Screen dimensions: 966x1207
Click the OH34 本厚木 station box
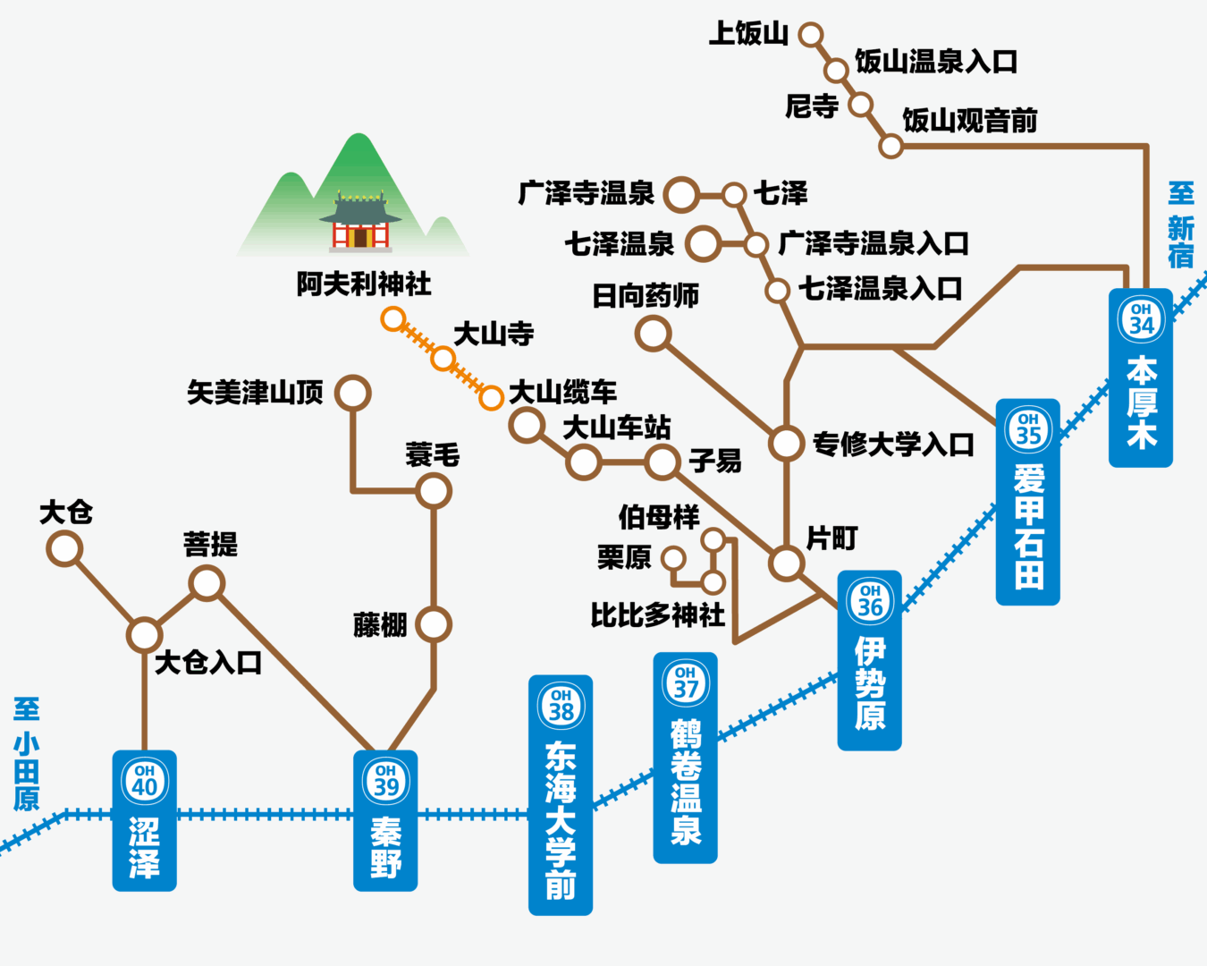tap(1141, 377)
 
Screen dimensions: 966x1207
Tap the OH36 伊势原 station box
tap(869, 660)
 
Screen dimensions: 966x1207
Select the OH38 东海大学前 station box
tap(561, 794)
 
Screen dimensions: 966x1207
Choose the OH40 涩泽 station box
tap(144, 820)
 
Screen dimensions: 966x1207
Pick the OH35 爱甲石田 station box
tap(1028, 502)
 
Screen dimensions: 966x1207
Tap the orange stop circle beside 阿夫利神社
tap(392, 318)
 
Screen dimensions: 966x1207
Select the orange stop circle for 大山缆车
tap(491, 397)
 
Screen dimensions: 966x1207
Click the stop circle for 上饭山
tap(811, 35)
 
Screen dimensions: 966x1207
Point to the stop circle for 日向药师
tap(654, 334)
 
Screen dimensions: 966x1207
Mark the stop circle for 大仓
tap(64, 548)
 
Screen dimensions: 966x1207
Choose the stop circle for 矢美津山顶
tap(353, 393)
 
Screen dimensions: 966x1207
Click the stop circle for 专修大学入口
tap(787, 442)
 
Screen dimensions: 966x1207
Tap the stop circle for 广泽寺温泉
tap(682, 194)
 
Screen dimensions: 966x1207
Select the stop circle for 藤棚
tap(434, 624)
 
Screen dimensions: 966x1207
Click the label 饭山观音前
tap(970, 120)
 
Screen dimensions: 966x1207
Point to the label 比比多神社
tap(657, 615)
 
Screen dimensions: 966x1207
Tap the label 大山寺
tap(494, 334)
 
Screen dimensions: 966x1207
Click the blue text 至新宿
tap(1180, 225)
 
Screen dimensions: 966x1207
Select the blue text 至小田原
tap(27, 754)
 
